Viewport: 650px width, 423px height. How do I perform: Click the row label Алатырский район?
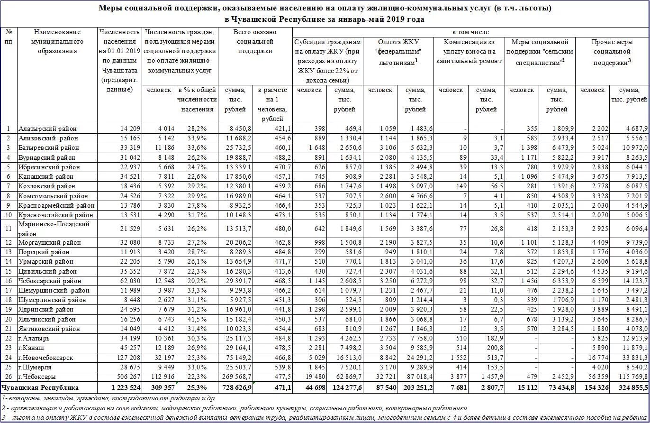tap(47, 129)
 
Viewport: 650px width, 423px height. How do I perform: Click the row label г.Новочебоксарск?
tap(46, 358)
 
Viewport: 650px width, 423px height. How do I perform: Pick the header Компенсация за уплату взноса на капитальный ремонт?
tap(469, 51)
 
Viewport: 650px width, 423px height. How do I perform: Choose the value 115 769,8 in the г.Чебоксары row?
tap(630, 377)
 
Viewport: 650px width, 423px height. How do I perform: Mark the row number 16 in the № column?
tap(9, 281)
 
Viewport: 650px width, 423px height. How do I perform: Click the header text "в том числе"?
tap(470, 32)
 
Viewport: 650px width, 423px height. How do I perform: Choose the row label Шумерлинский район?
tap(52, 300)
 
